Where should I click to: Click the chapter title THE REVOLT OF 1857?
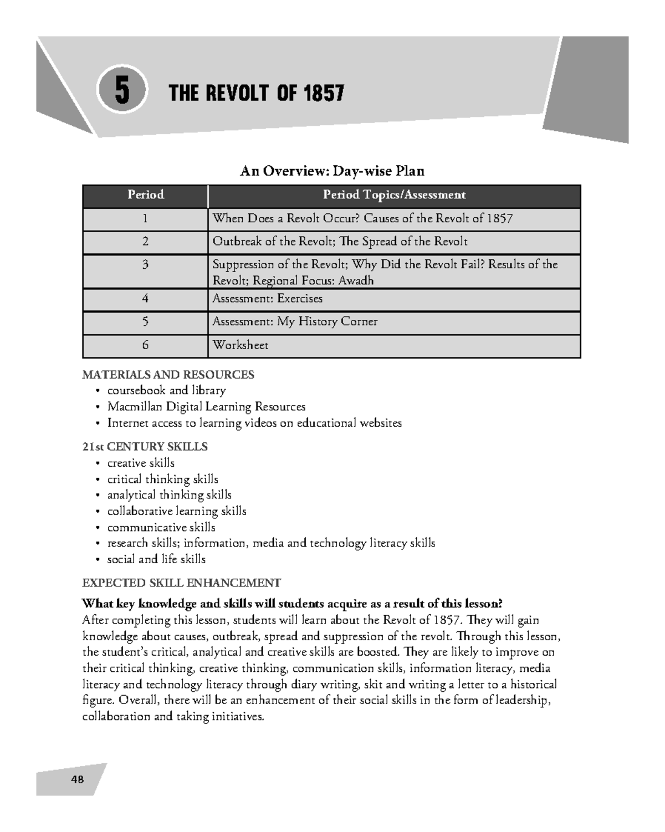(x=256, y=93)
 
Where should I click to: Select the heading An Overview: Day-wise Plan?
(x=332, y=171)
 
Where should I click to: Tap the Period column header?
(x=145, y=195)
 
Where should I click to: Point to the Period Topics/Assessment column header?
(x=394, y=195)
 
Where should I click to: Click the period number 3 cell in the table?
(x=145, y=265)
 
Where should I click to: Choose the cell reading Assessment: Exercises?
(x=267, y=299)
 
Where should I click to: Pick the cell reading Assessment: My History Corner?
(x=295, y=322)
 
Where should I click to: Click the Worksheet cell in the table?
(x=241, y=345)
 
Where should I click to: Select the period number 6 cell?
(x=145, y=345)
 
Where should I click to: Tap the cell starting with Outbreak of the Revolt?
(x=340, y=242)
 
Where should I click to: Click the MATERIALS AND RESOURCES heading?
(x=168, y=375)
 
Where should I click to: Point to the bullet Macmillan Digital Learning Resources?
(x=206, y=407)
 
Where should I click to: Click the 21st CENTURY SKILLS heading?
(x=145, y=447)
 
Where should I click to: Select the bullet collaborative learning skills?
(x=177, y=511)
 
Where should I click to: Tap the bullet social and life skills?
(x=156, y=559)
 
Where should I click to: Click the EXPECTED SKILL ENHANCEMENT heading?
(x=181, y=583)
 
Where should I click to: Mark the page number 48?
(x=78, y=779)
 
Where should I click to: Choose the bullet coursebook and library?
(x=166, y=391)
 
